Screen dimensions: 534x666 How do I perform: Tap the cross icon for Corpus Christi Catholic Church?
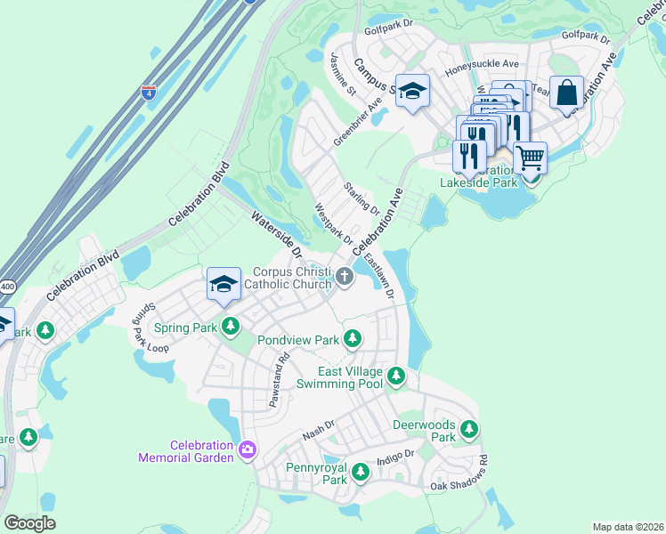[345, 278]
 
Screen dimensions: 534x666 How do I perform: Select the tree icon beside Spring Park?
[231, 327]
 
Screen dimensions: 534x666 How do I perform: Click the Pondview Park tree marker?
[353, 339]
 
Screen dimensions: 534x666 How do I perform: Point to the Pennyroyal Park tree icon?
[360, 473]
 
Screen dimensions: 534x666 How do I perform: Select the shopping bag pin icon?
[566, 92]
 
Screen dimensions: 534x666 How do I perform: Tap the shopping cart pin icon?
[530, 158]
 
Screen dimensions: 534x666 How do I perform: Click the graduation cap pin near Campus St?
[412, 90]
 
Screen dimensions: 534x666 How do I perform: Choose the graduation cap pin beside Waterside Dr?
[223, 283]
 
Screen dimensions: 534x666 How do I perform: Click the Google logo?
[29, 523]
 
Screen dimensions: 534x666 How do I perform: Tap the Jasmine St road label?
[343, 73]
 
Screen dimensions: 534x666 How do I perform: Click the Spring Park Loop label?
[150, 328]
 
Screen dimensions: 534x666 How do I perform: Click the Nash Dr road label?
[318, 431]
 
